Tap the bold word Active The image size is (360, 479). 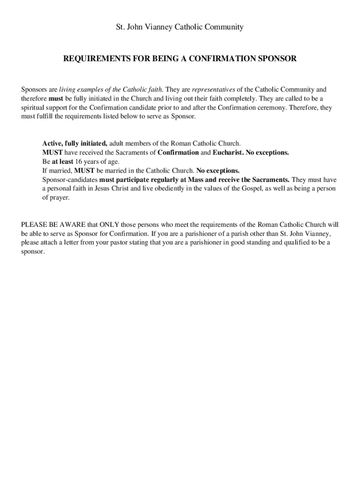coord(52,144)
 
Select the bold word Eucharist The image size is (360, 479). coord(228,152)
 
